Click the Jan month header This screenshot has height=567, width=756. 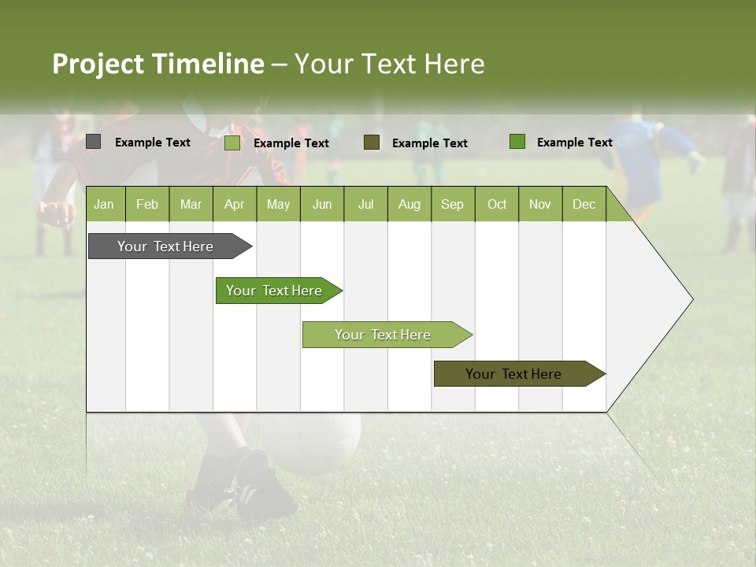click(x=104, y=205)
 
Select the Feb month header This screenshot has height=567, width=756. click(x=147, y=205)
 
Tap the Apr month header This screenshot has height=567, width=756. click(x=234, y=205)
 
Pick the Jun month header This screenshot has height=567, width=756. click(x=322, y=205)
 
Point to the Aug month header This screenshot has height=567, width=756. click(x=409, y=205)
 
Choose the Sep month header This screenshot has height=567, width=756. click(x=452, y=205)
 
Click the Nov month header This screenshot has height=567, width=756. click(x=539, y=205)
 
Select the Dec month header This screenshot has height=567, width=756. click(x=584, y=205)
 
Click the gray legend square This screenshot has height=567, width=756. click(x=94, y=142)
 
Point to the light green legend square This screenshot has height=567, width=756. click(x=232, y=143)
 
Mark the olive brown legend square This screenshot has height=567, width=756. click(x=372, y=142)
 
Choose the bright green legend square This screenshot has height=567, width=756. click(x=517, y=142)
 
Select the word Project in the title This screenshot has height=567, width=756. click(x=98, y=64)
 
